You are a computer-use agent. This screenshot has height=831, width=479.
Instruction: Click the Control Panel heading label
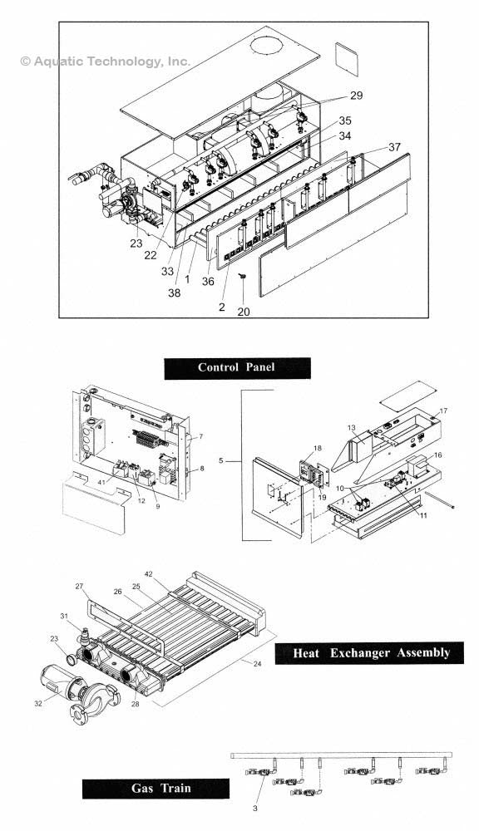pos(237,368)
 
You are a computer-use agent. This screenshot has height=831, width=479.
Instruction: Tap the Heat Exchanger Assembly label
pos(371,652)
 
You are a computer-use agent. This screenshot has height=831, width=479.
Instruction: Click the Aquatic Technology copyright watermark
pos(105,61)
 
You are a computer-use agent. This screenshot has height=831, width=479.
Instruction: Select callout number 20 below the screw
pos(243,312)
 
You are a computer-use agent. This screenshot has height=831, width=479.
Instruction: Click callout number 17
pos(443,411)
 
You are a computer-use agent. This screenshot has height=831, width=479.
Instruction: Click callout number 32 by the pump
pos(37,702)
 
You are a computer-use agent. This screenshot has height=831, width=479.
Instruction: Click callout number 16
pos(437,455)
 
